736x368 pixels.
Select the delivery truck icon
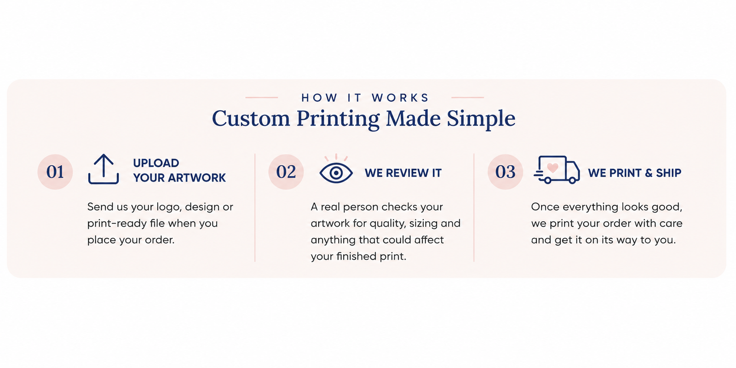click(557, 170)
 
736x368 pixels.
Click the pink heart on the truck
click(552, 168)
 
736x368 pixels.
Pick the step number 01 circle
click(55, 172)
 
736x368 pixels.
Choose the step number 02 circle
click(286, 172)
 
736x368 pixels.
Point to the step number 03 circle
click(505, 172)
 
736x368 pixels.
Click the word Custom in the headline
click(251, 118)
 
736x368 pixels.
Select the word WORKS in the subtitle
click(400, 98)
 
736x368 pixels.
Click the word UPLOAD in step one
click(156, 163)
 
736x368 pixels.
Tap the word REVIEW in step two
click(403, 173)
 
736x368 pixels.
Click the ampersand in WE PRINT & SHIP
click(648, 173)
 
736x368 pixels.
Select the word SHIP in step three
click(669, 173)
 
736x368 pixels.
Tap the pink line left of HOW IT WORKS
click(262, 98)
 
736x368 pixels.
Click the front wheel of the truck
click(572, 180)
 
